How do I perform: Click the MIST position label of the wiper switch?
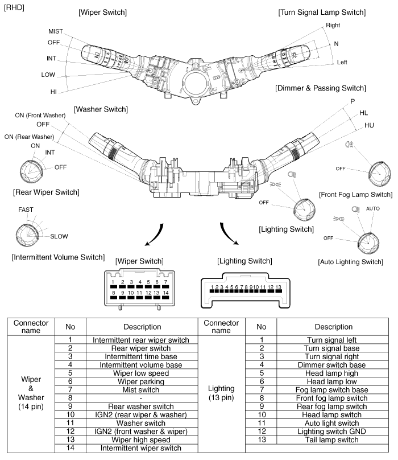[56, 31]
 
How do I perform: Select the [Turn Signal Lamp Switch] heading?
[322, 12]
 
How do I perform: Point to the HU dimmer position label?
[369, 125]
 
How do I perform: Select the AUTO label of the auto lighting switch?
[373, 209]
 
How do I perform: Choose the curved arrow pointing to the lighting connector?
[229, 234]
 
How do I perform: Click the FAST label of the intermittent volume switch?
[26, 210]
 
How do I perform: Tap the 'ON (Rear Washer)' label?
[29, 137]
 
